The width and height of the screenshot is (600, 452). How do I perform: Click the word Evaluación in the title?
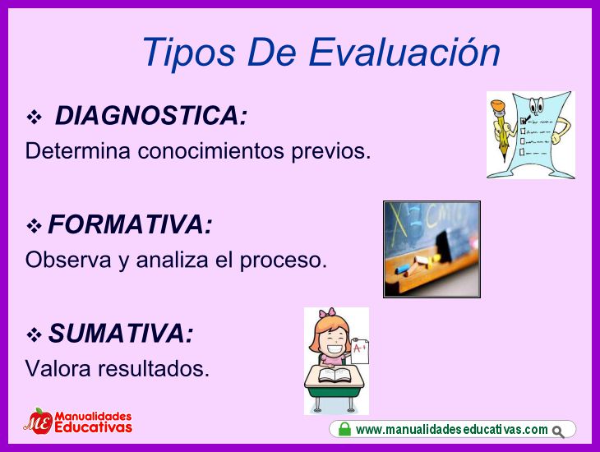(404, 52)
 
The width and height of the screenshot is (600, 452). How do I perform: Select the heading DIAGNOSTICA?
(151, 115)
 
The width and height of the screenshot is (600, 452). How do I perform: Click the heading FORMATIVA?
(130, 224)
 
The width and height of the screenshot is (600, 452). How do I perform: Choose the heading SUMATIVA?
(121, 333)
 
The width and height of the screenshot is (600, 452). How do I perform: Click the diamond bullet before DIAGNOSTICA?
(34, 118)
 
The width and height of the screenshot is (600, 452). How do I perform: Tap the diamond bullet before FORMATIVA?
(34, 226)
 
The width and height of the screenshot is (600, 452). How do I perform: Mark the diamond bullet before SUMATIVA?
(34, 334)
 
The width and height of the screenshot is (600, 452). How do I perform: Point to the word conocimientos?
(211, 150)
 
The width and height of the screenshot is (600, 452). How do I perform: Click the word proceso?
(284, 261)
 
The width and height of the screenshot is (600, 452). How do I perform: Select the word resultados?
(154, 368)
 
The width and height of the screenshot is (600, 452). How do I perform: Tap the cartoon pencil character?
(501, 130)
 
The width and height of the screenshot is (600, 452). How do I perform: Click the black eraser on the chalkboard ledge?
(445, 246)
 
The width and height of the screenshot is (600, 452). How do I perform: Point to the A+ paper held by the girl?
(360, 351)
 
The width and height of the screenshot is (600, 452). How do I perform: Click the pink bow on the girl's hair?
(327, 312)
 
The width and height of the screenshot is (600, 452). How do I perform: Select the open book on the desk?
(335, 375)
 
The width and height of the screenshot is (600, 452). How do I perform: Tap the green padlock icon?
(344, 429)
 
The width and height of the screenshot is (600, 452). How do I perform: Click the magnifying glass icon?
(559, 432)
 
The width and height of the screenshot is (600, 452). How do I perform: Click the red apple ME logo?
(39, 422)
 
